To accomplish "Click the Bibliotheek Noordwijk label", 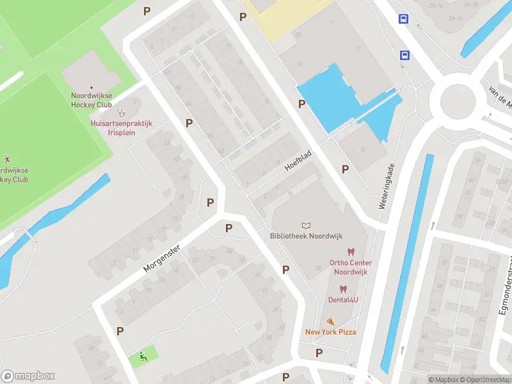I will coord(307,236).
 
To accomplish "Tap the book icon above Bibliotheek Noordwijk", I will coord(307,225).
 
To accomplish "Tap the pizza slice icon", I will coord(330,321).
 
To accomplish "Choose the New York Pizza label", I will coord(330,332).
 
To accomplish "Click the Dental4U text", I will coord(343,300).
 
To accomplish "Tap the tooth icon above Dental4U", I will coord(343,289).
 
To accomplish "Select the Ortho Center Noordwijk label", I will coord(351,267).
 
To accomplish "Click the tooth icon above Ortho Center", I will coord(350,252).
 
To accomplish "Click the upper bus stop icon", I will coord(404,19).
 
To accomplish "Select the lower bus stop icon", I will coord(404,55).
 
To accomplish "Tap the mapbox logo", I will coord(28,376).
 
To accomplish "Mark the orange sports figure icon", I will coord(7,159).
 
